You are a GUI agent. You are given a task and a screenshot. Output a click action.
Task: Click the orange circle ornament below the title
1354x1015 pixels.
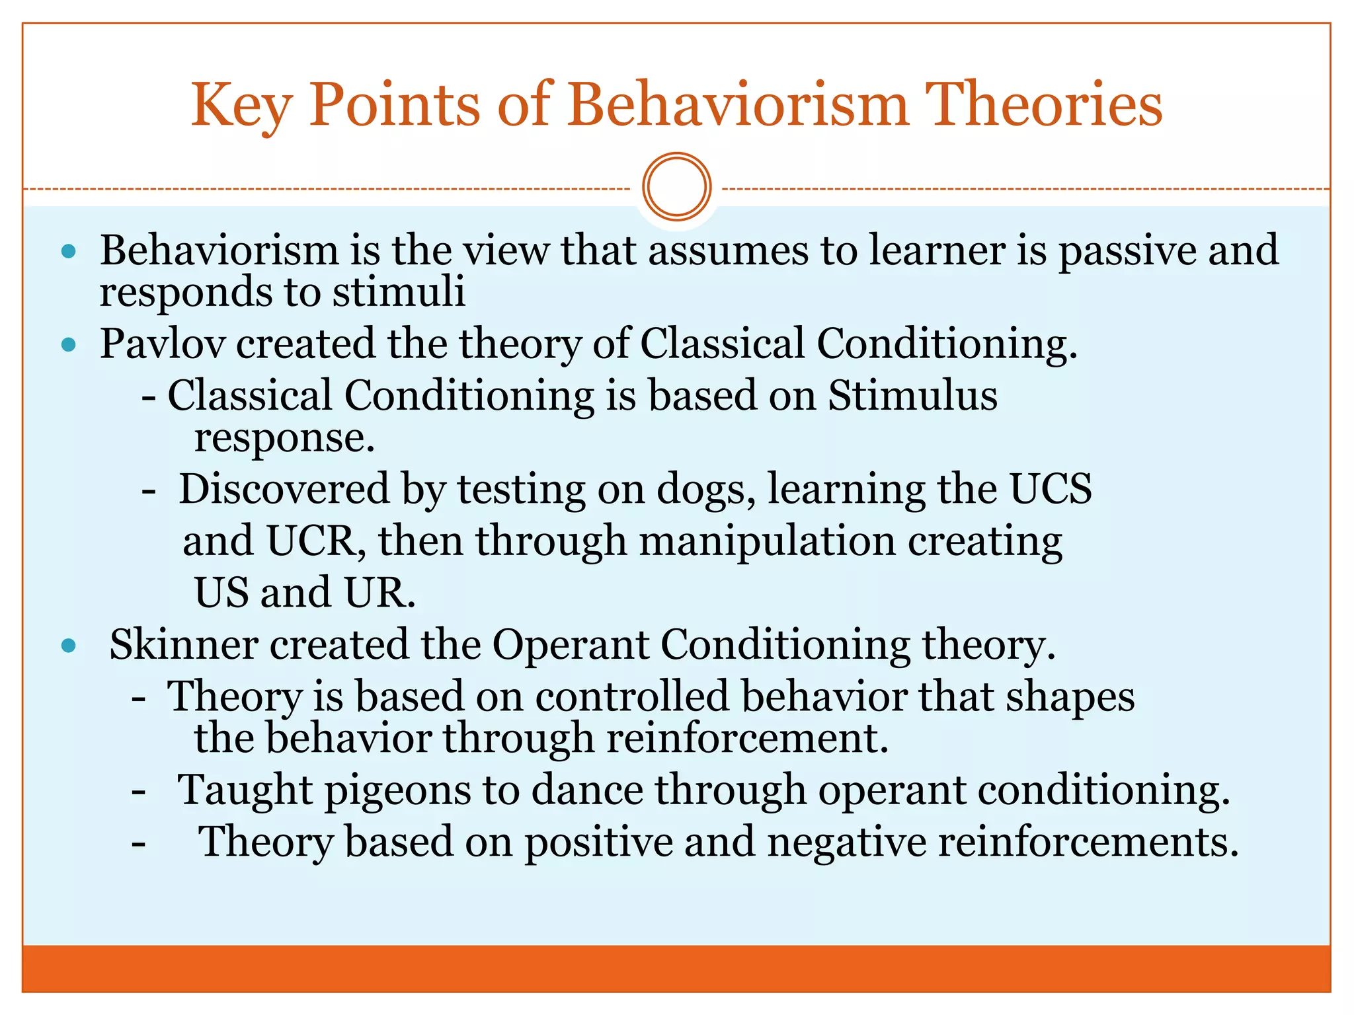point(676,187)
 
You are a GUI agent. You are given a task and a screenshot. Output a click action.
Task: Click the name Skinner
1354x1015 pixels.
point(183,644)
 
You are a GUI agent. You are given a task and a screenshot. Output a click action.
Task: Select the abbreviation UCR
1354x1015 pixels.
point(311,541)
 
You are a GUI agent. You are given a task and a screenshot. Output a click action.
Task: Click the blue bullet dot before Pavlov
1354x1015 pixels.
point(69,344)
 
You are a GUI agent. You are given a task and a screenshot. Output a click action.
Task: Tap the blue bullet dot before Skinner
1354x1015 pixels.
point(69,646)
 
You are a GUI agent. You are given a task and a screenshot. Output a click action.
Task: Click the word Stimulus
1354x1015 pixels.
point(912,396)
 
